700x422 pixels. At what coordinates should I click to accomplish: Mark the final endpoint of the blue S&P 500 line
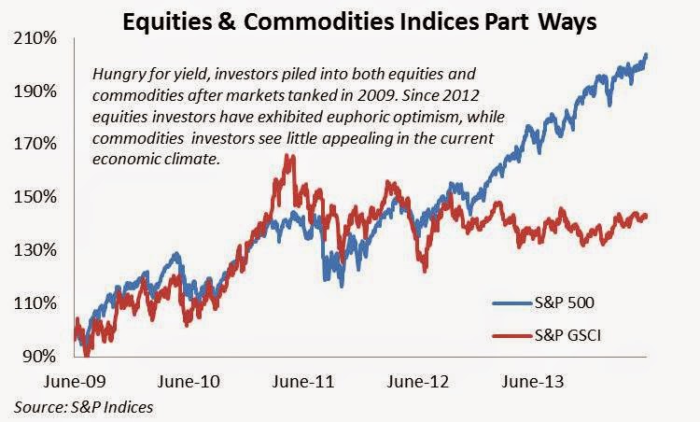(647, 54)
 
